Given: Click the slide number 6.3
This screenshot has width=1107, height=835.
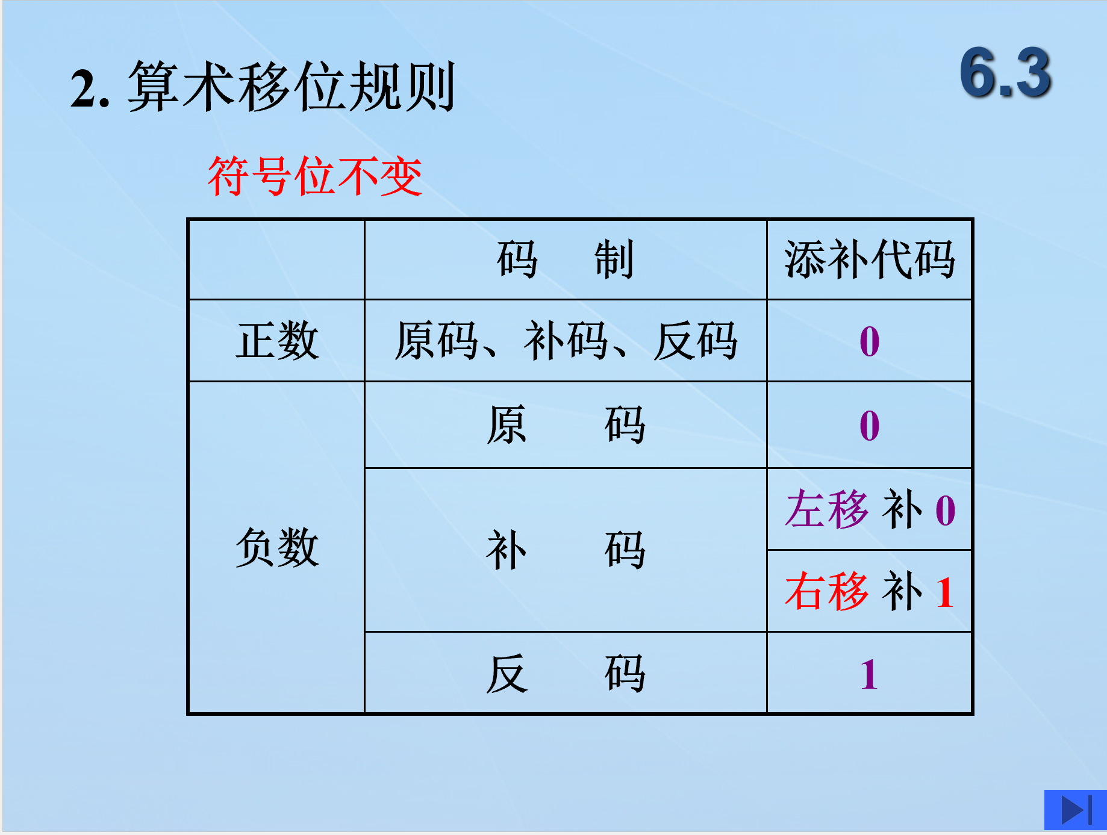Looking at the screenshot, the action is point(1005,73).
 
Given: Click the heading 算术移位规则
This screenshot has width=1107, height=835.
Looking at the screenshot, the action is point(291,87).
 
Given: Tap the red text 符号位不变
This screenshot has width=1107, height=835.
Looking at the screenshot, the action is point(315,176).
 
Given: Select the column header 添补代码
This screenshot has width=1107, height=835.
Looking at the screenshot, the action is point(870,259).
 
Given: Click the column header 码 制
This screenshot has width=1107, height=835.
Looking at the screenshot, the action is point(566,259).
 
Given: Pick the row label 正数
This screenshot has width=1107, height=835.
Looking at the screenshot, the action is point(277,341).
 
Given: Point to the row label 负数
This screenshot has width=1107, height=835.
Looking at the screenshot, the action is point(277,547).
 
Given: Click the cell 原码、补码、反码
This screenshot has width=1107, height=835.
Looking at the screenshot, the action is point(566,341).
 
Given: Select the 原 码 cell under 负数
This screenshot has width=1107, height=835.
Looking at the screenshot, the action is point(566,425).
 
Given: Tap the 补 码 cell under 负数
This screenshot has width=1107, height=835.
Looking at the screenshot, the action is point(566,550).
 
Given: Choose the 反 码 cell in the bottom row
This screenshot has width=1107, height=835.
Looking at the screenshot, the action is point(566,674).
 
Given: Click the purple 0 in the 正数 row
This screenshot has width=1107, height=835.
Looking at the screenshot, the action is point(870,341).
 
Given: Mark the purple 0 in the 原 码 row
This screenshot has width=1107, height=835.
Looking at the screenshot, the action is point(870,426).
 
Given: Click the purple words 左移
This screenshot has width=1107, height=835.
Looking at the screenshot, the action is point(827,509).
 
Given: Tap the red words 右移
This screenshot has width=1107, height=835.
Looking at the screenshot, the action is point(827,591).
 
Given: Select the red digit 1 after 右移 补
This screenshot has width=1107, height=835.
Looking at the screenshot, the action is point(945,592).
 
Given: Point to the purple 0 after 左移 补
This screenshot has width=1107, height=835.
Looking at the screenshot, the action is point(946,511).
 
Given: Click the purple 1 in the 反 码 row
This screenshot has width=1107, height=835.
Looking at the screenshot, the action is point(869,674).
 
